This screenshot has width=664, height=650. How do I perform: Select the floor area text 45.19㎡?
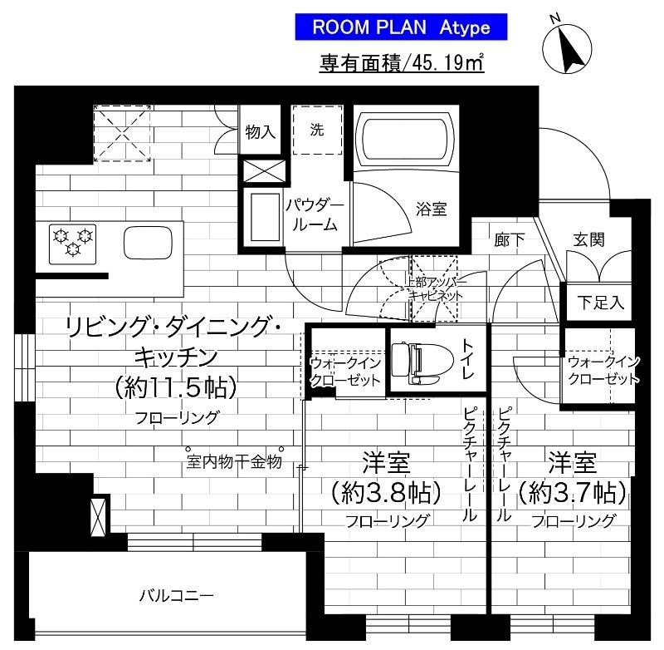(x=402, y=63)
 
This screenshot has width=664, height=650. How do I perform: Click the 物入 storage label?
(x=261, y=131)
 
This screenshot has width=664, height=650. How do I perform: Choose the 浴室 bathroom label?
(x=431, y=209)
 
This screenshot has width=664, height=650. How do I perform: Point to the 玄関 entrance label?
(x=588, y=239)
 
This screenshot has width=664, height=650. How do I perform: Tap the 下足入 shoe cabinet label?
(x=601, y=303)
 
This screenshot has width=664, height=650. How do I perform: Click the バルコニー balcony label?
(x=176, y=596)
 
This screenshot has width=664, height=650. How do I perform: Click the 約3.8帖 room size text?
(x=386, y=493)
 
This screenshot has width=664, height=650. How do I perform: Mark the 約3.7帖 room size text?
(x=572, y=493)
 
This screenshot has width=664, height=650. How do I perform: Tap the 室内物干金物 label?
(x=233, y=462)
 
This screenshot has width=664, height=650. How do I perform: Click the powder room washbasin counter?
(x=265, y=218)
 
